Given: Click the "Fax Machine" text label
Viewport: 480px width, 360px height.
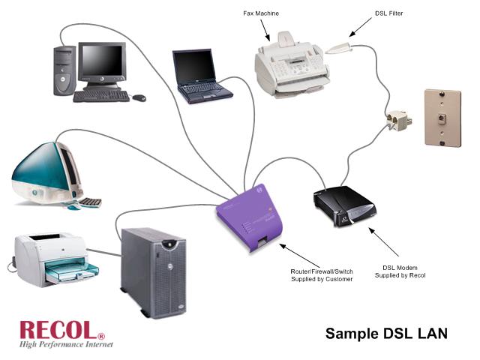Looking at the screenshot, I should [x=261, y=13].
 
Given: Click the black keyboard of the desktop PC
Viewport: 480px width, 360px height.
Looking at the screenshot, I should [x=101, y=96].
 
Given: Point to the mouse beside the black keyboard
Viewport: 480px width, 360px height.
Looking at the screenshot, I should [x=139, y=97].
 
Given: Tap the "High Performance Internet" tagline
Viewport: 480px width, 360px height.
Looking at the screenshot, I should [x=66, y=344].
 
